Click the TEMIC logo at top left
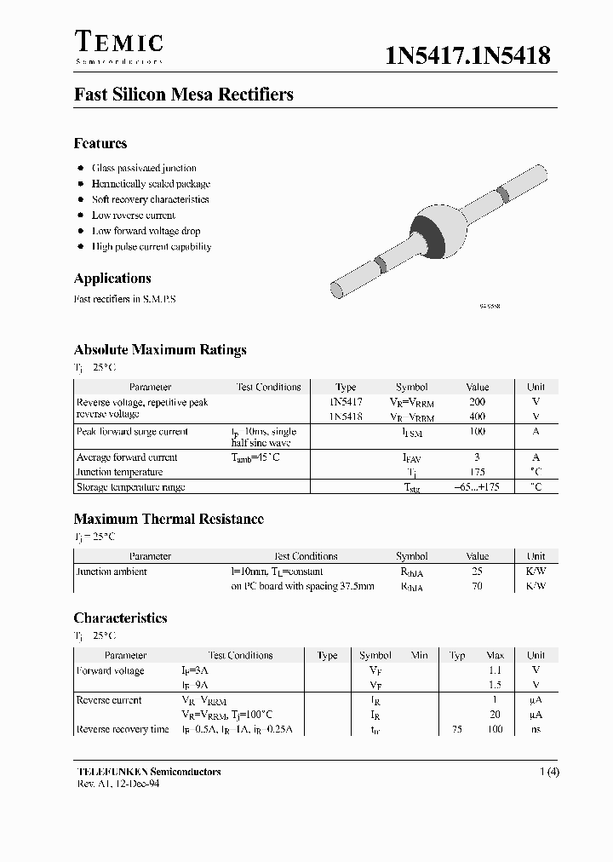(118, 43)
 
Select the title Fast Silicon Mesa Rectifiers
(183, 95)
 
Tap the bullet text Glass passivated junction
(144, 169)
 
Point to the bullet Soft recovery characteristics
(150, 199)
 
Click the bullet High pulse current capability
(152, 247)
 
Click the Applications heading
(112, 279)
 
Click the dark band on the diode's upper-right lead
(504, 194)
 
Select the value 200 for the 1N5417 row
(477, 402)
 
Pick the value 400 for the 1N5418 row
(477, 417)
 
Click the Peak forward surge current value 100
(477, 432)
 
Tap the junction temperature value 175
(477, 472)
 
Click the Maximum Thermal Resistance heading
(169, 519)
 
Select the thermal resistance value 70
(477, 586)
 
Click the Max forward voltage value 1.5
(495, 685)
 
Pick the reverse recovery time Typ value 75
(457, 729)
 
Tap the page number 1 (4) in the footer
(548, 772)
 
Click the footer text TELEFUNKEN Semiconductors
(149, 772)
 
